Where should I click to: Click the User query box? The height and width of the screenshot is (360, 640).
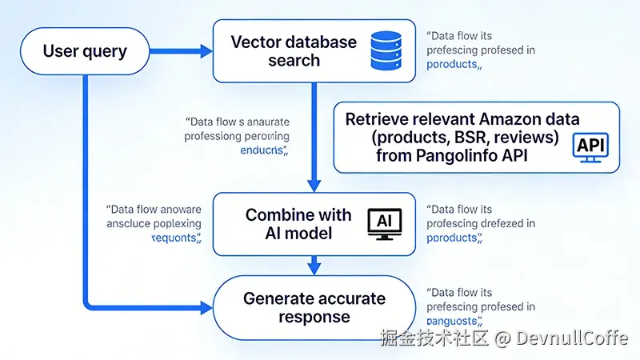tap(85, 52)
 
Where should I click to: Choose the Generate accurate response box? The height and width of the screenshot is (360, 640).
tap(314, 308)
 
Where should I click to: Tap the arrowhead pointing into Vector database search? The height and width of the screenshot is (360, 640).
tap(206, 52)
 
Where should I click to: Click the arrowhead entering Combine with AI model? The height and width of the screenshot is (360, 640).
tap(314, 186)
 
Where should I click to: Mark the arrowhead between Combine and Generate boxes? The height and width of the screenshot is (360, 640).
tap(314, 266)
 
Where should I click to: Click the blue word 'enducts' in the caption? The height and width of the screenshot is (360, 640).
tap(264, 150)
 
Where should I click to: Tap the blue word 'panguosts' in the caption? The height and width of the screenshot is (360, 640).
tap(453, 322)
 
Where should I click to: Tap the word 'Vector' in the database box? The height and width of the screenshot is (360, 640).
tap(257, 42)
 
